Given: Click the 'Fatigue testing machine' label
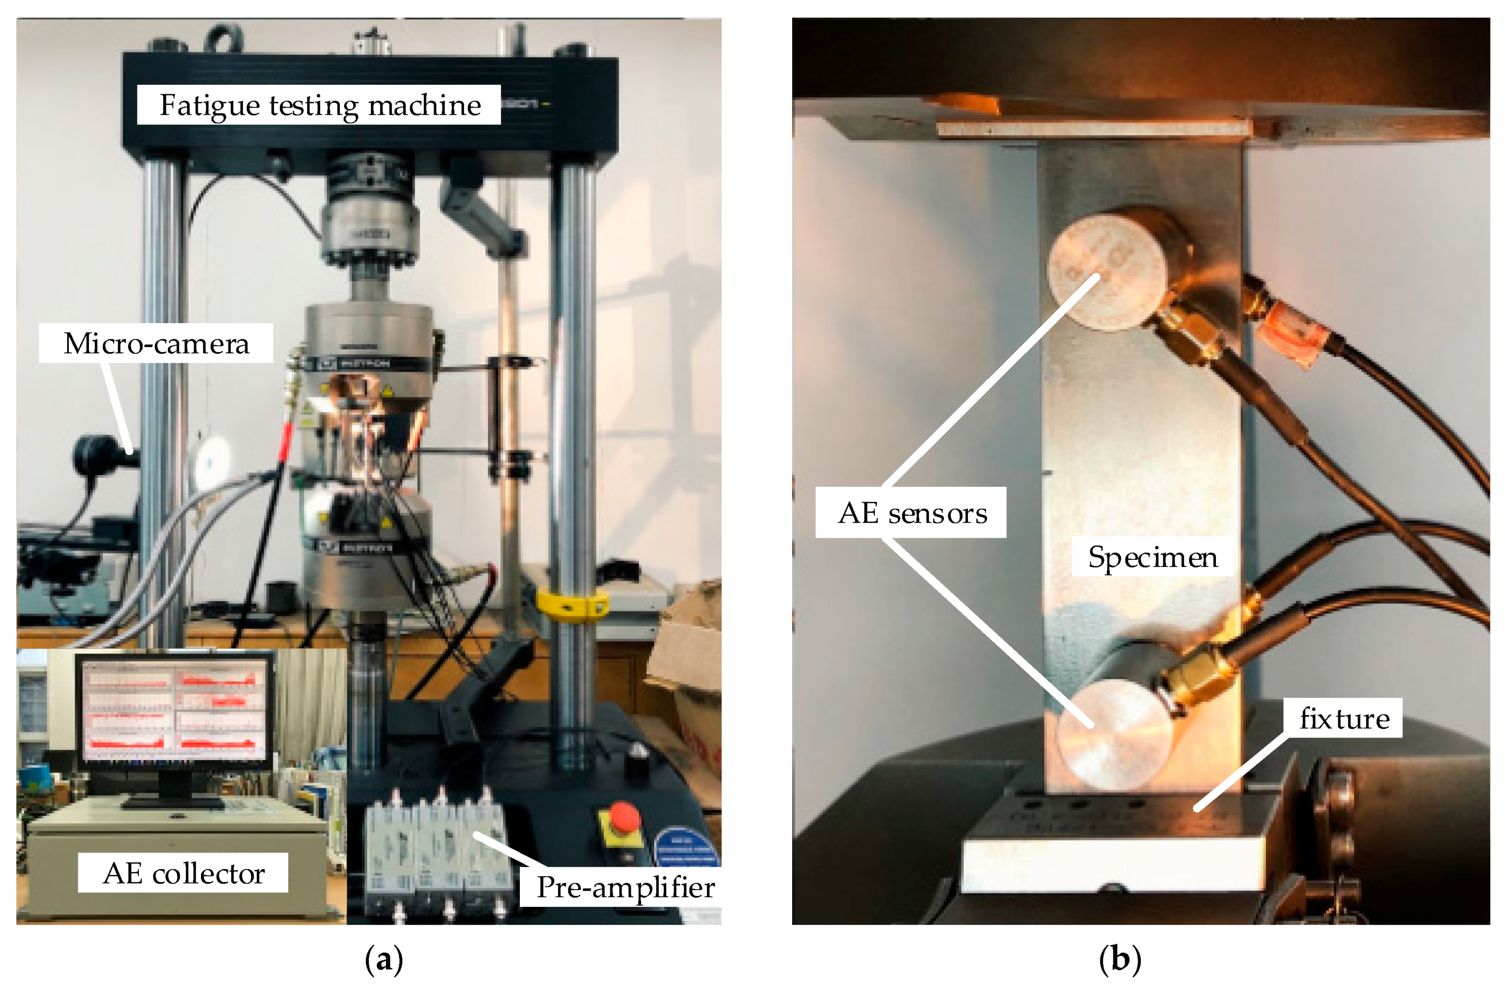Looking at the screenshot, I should (x=319, y=105).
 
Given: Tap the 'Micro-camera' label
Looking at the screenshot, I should (x=156, y=343).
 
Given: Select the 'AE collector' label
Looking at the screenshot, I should (x=183, y=873).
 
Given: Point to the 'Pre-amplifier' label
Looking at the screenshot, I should (x=625, y=887).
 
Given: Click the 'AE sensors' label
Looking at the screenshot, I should (x=911, y=513).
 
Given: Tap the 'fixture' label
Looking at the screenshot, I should (x=1344, y=718).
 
